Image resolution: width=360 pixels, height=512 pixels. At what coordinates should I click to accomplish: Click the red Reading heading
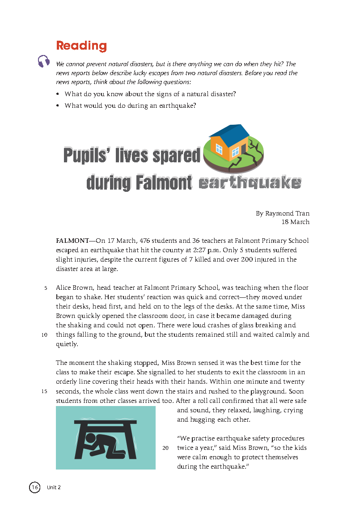[81, 46]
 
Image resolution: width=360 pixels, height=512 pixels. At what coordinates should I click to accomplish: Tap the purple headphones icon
[44, 61]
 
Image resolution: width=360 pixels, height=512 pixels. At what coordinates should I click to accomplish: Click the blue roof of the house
[229, 131]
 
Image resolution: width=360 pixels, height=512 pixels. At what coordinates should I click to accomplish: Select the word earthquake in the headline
[250, 183]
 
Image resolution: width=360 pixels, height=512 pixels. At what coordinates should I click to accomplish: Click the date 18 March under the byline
[295, 222]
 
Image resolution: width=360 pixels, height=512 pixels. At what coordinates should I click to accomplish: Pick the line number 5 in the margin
[46, 288]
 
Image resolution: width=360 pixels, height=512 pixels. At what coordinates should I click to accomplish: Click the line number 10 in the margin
[44, 335]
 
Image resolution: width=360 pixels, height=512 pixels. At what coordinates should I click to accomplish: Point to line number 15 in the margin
[44, 392]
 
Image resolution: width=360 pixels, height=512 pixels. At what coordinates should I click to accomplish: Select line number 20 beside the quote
[165, 448]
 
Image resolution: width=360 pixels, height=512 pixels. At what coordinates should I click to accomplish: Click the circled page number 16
[35, 487]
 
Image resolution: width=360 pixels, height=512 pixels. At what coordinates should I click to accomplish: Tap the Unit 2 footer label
[54, 487]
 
